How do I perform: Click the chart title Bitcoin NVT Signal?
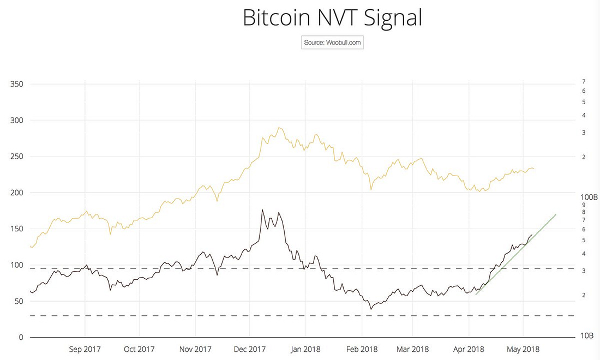click(x=332, y=17)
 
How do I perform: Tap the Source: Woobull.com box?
click(x=332, y=43)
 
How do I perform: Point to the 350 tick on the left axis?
click(x=16, y=84)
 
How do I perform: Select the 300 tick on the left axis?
click(x=16, y=120)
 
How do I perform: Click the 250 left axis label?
click(x=16, y=157)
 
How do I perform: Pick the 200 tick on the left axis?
click(x=16, y=193)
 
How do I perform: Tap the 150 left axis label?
click(x=16, y=229)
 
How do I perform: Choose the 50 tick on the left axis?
click(x=19, y=301)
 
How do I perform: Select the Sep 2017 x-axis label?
click(x=85, y=349)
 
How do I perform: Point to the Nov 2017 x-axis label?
click(x=195, y=349)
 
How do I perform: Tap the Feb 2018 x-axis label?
click(x=362, y=349)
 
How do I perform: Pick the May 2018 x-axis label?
click(x=523, y=349)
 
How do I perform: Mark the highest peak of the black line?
click(x=262, y=209)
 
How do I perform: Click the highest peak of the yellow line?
click(x=279, y=128)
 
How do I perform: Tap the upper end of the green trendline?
click(x=555, y=215)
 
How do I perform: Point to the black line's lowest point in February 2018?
click(x=371, y=309)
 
